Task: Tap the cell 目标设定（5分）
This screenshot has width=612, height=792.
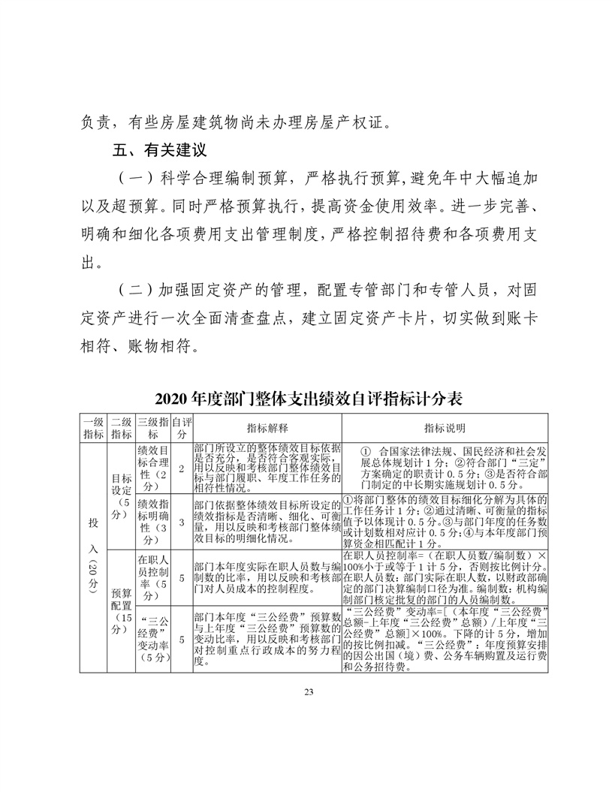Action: (121, 496)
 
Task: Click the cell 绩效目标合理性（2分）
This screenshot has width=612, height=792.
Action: (153, 467)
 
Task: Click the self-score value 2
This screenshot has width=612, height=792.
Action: (181, 468)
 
